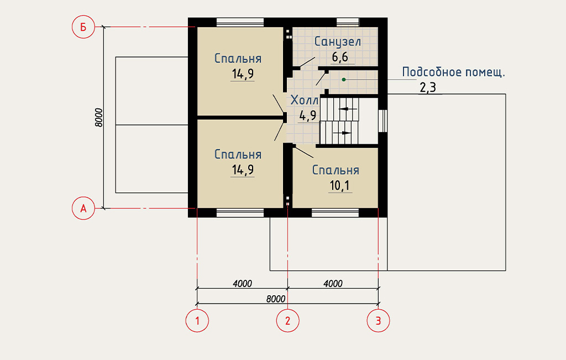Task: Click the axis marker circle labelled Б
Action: [x=83, y=27]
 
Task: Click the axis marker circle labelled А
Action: [x=83, y=208]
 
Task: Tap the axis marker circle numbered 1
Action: [x=197, y=320]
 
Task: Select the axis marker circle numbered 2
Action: [x=287, y=320]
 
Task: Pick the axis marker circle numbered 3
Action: [x=378, y=320]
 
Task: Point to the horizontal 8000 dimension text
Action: [x=276, y=299]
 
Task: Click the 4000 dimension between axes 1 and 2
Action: [x=242, y=284]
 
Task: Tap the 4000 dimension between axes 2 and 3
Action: [x=333, y=284]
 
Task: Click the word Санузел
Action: [x=338, y=42]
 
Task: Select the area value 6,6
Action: [x=340, y=57]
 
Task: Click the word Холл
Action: [x=305, y=100]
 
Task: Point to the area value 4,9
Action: [x=308, y=116]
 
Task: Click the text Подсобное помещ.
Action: [x=453, y=72]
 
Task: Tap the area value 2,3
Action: [x=428, y=88]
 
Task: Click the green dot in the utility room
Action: [x=344, y=80]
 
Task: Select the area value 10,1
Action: [x=340, y=186]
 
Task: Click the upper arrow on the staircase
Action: [x=348, y=109]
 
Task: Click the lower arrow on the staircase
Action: [x=342, y=133]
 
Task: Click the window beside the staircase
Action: [x=382, y=121]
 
